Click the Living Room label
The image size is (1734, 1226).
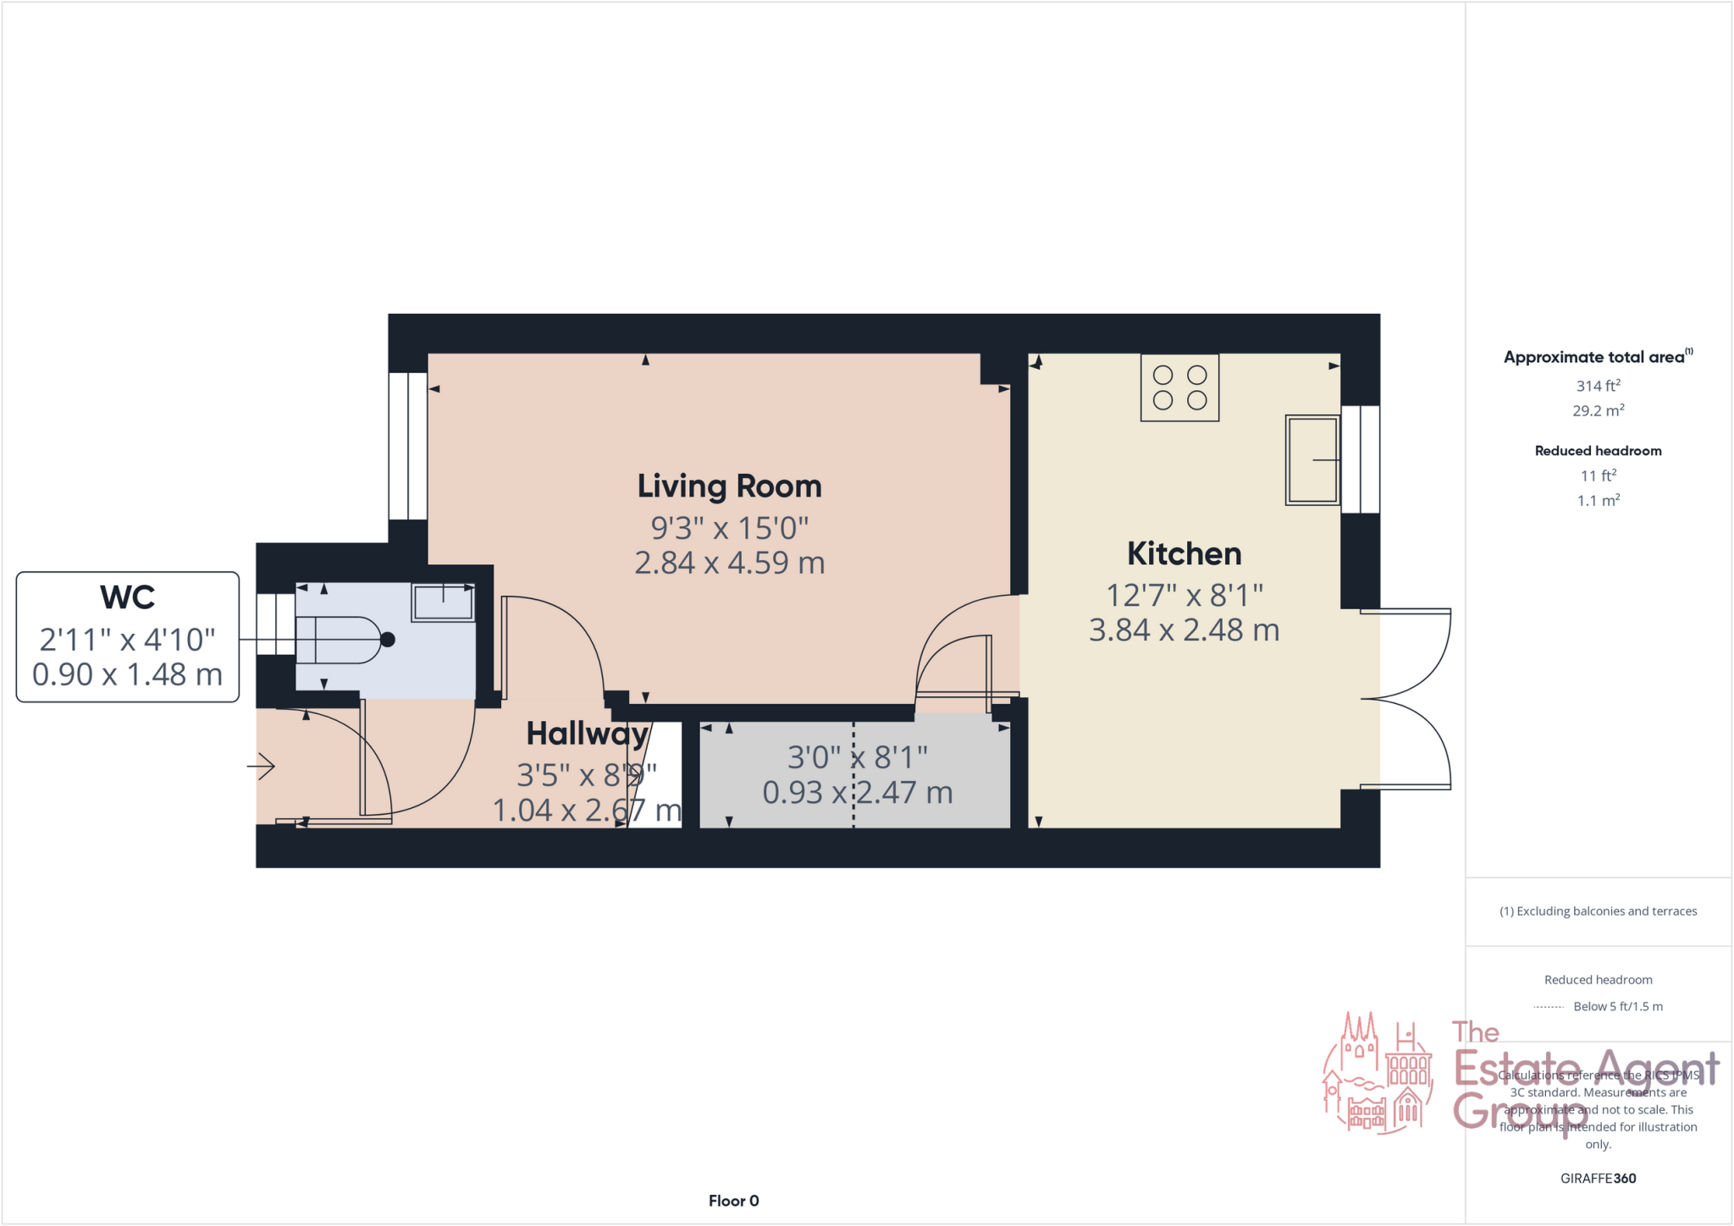[x=729, y=487]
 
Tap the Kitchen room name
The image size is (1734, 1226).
[x=1184, y=554]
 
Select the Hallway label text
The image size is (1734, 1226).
[x=587, y=734]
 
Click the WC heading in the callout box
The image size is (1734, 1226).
[x=127, y=597]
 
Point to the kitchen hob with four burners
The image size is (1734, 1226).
[x=1179, y=388]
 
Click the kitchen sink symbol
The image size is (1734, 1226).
[x=1312, y=459]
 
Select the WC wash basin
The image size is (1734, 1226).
[x=443, y=602]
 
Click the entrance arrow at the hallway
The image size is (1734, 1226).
[x=262, y=767]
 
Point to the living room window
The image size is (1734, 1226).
[x=407, y=445]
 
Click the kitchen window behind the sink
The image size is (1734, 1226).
[x=1361, y=459]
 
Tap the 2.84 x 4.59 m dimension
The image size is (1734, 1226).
[x=729, y=563]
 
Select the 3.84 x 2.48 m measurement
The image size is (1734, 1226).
[x=1184, y=630]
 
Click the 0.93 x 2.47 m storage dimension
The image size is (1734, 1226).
[x=857, y=793]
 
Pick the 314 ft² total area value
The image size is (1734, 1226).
[x=1598, y=386]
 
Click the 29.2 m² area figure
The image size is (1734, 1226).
[x=1598, y=411]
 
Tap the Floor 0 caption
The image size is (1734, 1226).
[x=733, y=1201]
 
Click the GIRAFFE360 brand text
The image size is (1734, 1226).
[x=1598, y=1178]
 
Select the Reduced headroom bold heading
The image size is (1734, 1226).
[x=1598, y=451]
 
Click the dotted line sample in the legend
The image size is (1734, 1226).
[x=1548, y=1007]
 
